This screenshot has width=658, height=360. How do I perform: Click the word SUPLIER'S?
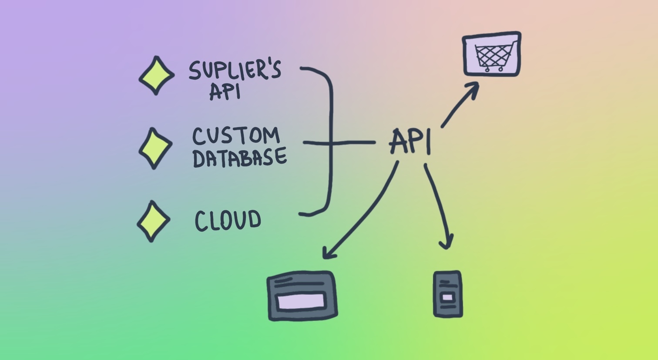[235, 70]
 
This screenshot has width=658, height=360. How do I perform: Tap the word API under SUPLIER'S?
[225, 91]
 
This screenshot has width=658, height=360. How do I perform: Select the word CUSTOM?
[236, 136]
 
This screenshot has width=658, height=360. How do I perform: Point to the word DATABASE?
[239, 158]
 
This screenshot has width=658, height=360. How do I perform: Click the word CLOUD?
[228, 220]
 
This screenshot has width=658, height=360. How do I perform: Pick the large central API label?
[410, 141]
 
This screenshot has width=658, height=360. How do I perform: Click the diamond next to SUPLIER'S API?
[157, 75]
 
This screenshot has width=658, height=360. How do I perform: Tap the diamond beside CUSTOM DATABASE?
[155, 148]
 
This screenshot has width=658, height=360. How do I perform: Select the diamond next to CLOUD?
[153, 221]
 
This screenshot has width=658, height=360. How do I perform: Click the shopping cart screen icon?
[492, 54]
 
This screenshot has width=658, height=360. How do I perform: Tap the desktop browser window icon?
[302, 296]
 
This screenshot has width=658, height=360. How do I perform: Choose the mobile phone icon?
[448, 294]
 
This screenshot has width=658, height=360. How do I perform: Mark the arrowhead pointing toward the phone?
[446, 243]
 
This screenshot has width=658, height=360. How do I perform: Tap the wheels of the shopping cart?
[493, 69]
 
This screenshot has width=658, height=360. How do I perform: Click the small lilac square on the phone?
[447, 297]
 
